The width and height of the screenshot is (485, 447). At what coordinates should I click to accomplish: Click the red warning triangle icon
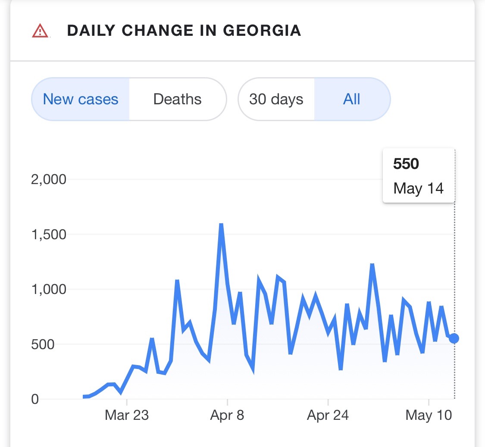tap(40, 31)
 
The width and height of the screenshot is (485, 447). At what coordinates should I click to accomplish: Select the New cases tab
tap(81, 100)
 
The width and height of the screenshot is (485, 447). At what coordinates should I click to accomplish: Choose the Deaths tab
tap(177, 100)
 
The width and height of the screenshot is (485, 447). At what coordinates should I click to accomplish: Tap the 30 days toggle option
tap(276, 100)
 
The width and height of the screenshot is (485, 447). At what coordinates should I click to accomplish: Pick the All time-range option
tap(352, 100)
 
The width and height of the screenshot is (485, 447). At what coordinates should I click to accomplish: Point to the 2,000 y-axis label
tap(49, 179)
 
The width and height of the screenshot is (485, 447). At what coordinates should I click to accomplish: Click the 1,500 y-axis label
tap(49, 234)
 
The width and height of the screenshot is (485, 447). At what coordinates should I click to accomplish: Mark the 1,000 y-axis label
tap(49, 289)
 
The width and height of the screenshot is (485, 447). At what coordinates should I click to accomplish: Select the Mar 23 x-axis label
tap(127, 416)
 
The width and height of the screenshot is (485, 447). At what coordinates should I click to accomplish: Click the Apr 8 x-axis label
tap(227, 416)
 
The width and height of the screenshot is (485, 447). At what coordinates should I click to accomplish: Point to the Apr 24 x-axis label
tap(328, 416)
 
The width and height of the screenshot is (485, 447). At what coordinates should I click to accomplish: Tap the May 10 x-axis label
tap(429, 416)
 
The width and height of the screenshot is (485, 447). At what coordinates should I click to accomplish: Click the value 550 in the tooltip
tap(406, 164)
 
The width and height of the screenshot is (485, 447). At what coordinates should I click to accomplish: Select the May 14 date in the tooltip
tap(418, 188)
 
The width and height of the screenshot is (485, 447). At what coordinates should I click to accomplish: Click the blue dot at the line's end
tap(454, 338)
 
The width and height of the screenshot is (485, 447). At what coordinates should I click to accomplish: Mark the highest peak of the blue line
tap(221, 225)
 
